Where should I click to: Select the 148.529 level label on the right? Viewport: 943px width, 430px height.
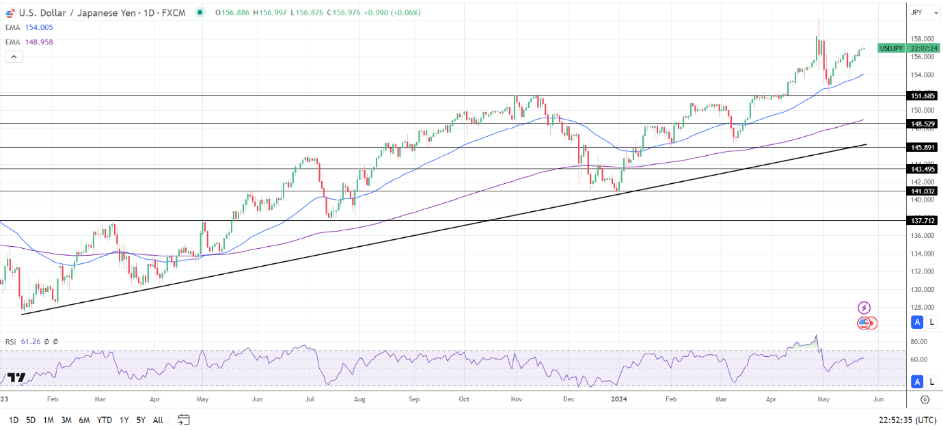coord(922,124)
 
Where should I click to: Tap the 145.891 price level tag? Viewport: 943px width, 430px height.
coord(922,147)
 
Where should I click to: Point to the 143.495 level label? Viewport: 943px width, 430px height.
coord(922,169)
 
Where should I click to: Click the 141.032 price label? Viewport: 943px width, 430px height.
coord(922,191)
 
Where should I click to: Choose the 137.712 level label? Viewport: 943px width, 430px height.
coord(922,220)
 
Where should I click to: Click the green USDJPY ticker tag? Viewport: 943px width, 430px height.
coord(891,48)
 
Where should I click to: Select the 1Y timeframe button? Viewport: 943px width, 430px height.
coord(124,420)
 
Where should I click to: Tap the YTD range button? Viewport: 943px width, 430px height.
coord(105,420)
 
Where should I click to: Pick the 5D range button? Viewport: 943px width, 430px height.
coord(31,420)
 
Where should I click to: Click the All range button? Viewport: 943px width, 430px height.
coord(158,420)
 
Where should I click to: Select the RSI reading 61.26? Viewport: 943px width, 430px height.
coord(31,341)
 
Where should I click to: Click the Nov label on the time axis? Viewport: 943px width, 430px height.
coord(516,399)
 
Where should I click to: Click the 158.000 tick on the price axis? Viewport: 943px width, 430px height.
coord(922,39)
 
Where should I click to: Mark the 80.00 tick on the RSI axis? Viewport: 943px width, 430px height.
coord(918,342)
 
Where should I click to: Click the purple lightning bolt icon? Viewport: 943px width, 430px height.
coord(864,308)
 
